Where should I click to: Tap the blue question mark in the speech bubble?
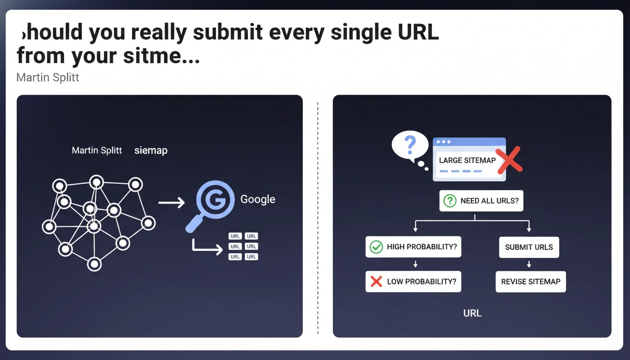point(410,146)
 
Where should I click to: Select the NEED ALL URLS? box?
point(481,201)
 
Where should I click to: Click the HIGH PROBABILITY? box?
point(413,247)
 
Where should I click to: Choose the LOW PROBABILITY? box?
point(413,282)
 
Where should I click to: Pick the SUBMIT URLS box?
point(529,247)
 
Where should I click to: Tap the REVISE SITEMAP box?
point(531,282)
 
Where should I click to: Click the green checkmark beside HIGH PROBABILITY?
point(376,247)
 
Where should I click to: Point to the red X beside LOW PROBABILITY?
point(376,282)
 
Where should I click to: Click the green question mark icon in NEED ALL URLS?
point(450,201)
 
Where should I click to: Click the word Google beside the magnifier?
point(258,199)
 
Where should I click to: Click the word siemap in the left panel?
point(151,151)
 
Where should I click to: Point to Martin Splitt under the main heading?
point(47,77)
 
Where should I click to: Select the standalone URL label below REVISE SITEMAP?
point(472,313)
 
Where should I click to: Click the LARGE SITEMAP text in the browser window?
point(467,160)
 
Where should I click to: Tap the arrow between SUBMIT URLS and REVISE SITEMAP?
point(529,264)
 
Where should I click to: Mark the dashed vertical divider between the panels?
point(318,216)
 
